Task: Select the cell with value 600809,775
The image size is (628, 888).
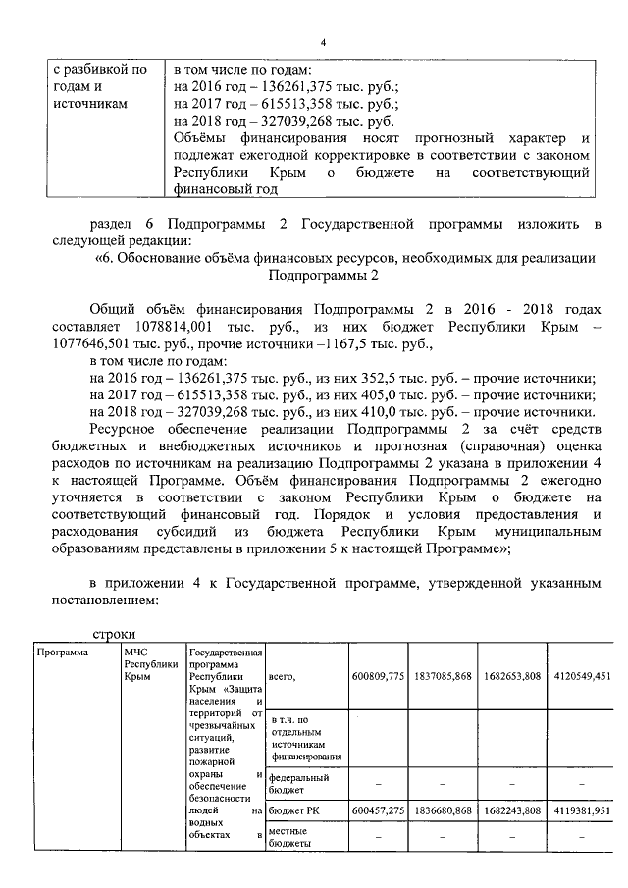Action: click(x=378, y=676)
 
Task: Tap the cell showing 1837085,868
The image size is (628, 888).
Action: click(x=444, y=676)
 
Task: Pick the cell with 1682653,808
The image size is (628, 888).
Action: click(x=512, y=676)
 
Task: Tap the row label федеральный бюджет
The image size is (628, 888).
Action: click(x=299, y=783)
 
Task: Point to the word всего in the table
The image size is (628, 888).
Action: click(x=282, y=676)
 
